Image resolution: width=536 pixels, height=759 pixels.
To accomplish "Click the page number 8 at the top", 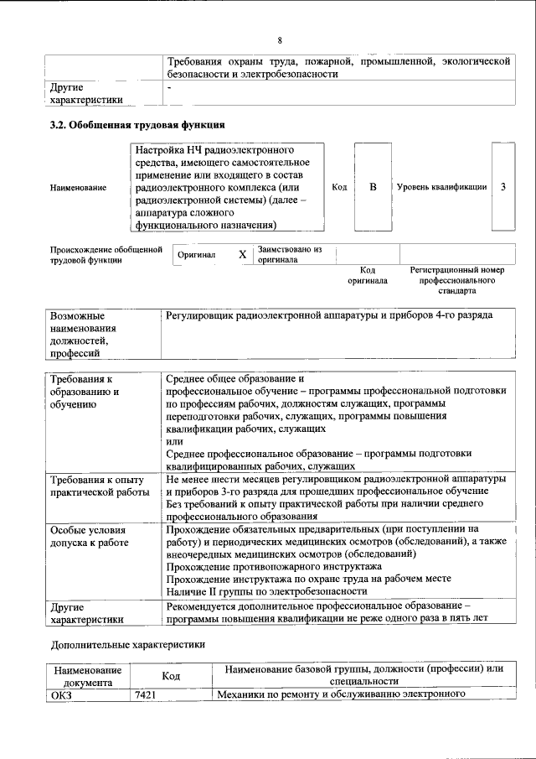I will pos(280,39).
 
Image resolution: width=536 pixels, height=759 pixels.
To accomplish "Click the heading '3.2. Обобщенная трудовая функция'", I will pos(137,125).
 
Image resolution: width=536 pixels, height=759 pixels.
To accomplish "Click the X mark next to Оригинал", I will pos(243,254).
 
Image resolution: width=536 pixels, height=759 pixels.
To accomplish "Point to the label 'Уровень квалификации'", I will pos(441,187).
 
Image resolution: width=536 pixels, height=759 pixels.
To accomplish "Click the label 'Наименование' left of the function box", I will pos(78,187).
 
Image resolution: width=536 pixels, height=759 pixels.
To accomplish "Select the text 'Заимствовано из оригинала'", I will pos(289,254).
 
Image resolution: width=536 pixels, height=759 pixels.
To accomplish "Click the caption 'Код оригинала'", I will pos(368,275).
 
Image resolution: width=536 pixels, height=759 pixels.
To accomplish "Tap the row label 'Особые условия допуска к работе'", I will pos(90,537).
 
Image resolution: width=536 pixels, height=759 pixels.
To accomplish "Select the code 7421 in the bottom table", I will pos(146,694).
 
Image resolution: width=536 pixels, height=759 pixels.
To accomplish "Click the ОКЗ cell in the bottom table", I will pos(62,694).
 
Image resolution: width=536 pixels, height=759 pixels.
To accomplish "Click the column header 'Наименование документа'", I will pos(88,676).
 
